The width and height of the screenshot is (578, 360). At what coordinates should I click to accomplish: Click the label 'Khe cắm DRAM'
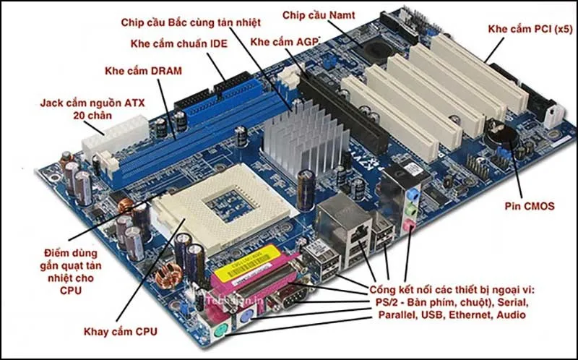point(143,71)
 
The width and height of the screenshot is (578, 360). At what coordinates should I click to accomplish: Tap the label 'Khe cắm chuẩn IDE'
point(178,44)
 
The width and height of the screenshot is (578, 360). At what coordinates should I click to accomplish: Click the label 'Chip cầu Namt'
point(313,14)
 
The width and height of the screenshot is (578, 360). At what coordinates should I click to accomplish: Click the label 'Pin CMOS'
point(530,206)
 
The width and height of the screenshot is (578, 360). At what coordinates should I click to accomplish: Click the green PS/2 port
point(221,333)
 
